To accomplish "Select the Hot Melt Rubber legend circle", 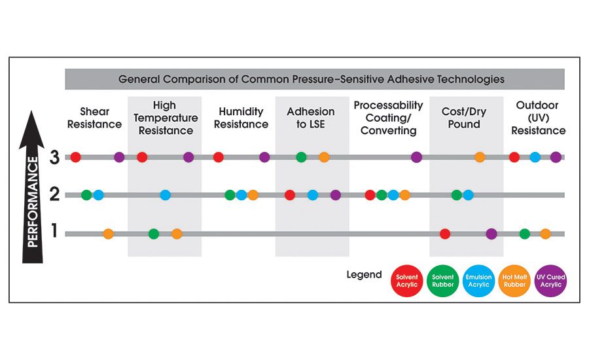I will (x=514, y=281).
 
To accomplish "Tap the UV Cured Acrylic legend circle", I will (x=550, y=281).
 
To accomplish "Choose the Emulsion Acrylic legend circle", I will (x=478, y=281).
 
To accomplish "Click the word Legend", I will (x=364, y=274).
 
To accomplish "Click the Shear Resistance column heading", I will (x=100, y=118).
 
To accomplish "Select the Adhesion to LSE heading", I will (x=310, y=118).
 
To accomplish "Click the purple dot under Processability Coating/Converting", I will (x=416, y=157).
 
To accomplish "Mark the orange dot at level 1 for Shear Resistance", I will (x=108, y=234).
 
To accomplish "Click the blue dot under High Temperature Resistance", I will (x=165, y=195).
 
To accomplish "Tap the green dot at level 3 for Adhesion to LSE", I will (x=301, y=157).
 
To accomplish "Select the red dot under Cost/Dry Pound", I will (x=445, y=234).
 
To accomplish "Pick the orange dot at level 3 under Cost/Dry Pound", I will (x=480, y=157).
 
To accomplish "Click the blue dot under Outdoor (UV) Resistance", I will (x=535, y=157).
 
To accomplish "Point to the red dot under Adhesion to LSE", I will (x=290, y=195).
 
